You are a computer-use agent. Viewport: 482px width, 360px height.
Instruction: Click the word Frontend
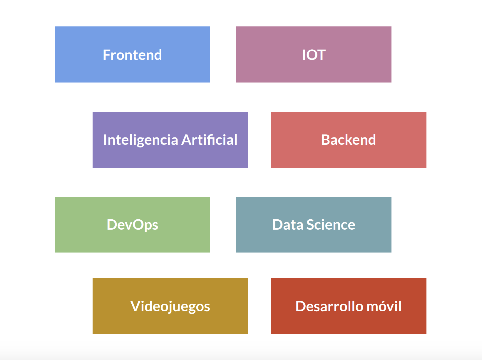132,55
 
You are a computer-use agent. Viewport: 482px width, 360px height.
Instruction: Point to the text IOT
314,55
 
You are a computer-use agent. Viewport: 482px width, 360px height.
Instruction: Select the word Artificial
209,140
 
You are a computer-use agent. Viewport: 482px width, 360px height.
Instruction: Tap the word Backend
348,140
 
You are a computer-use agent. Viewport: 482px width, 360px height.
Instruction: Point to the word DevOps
132,225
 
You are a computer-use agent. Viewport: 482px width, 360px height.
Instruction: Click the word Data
288,225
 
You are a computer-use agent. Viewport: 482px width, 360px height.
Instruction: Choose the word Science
331,225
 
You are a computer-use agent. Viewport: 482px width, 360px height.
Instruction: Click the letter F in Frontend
107,55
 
